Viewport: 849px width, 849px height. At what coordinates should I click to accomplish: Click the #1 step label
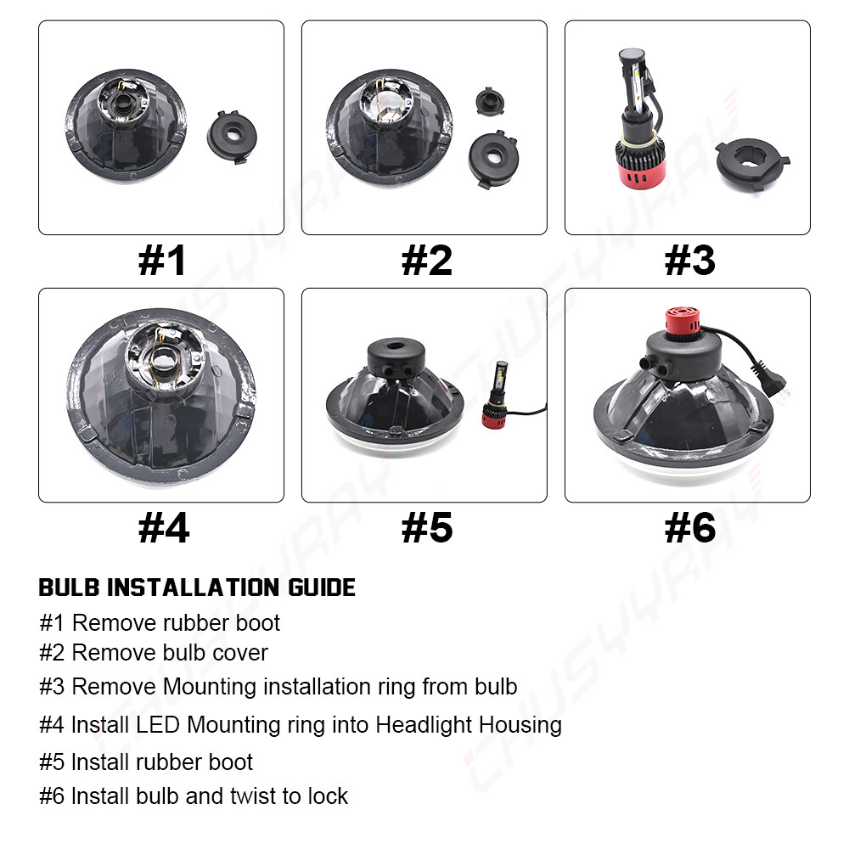coord(162,261)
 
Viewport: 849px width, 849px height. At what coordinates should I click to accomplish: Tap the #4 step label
coord(164,528)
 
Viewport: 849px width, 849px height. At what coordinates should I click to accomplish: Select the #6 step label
coord(689,528)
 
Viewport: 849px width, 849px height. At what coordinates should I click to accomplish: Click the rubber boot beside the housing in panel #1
coord(232,137)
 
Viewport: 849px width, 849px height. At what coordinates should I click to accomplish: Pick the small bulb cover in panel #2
coord(490,101)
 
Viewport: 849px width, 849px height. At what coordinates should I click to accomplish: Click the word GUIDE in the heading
coord(322,588)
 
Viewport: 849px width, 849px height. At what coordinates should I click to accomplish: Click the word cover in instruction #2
coord(240,654)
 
